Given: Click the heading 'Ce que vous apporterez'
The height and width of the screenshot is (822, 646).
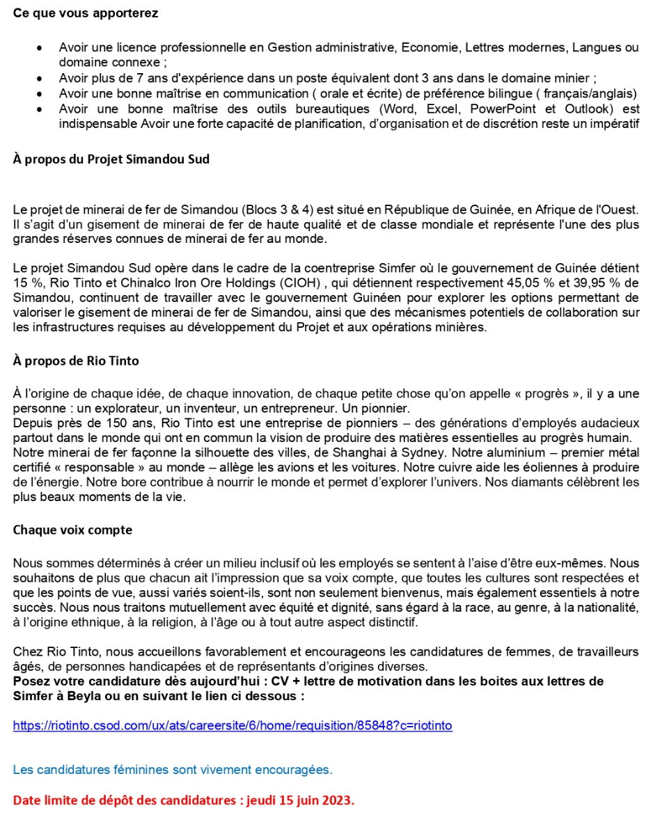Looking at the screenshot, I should (86, 13).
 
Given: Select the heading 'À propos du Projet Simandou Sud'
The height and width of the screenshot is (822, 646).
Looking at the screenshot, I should (111, 159).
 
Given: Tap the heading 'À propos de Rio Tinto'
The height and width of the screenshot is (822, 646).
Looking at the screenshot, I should (76, 361).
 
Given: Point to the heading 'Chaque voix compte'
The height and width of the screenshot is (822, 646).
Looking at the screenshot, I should (72, 530).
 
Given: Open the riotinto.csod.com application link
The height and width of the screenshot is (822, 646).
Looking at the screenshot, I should (233, 725).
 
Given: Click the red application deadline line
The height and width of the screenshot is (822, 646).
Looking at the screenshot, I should (184, 800).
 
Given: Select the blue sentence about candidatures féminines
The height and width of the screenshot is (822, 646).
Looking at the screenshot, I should (173, 770).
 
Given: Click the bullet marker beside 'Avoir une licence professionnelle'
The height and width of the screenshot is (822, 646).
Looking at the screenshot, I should (40, 48).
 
